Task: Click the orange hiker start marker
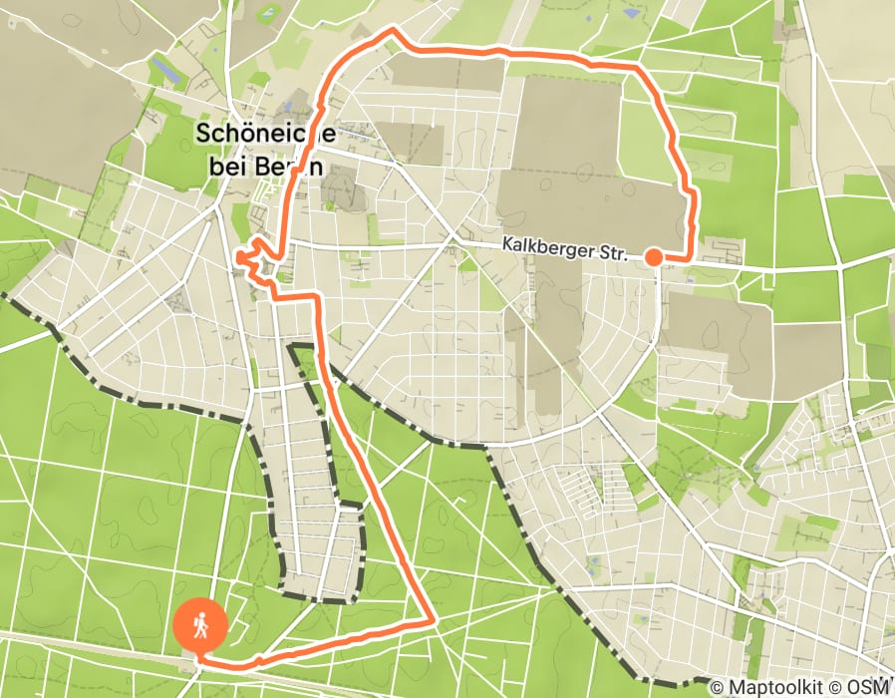click(200, 626)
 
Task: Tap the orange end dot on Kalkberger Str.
click(653, 256)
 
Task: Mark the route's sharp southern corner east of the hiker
click(435, 621)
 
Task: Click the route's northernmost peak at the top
click(392, 29)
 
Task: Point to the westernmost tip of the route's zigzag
click(237, 258)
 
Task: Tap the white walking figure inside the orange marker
click(200, 625)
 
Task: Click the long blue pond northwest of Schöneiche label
click(163, 70)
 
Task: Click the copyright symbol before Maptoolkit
click(717, 687)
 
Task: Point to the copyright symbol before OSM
click(839, 687)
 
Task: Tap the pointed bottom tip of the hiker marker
click(199, 658)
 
